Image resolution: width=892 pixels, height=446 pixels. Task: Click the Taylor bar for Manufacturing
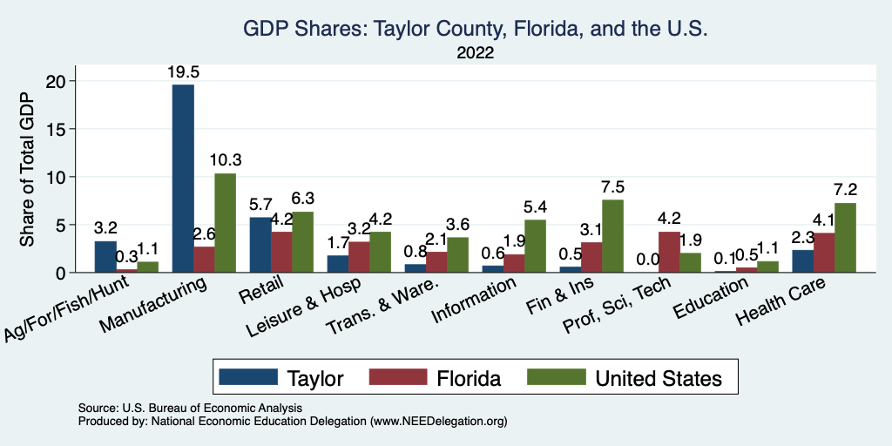coord(183,179)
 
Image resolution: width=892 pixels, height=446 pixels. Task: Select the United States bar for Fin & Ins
coord(612,236)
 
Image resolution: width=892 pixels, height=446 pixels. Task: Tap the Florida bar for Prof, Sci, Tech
coord(669,252)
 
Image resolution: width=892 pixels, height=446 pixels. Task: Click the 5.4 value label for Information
coord(535,208)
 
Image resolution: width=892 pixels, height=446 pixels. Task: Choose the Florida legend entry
coord(468,378)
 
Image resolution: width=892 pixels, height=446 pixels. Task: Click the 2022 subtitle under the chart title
coord(475,54)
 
